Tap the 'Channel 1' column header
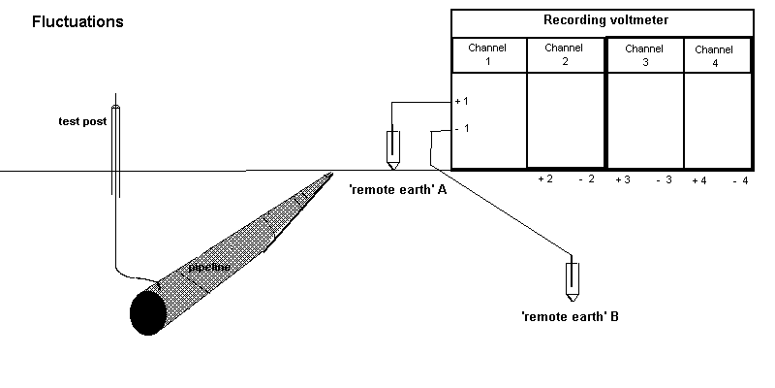coord(488,56)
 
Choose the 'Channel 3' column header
coord(644,54)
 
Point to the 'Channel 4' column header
coord(714,56)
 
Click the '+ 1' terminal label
coord(462,102)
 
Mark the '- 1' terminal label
coord(462,129)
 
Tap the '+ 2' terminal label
coord(544,180)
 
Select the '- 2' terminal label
coord(586,180)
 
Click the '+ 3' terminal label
coord(622,180)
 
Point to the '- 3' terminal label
coord(664,180)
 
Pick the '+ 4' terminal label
coord(699,180)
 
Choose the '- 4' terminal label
coord(740,180)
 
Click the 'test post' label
coord(81,122)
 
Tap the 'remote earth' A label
coord(398,190)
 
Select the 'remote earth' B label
coord(570,316)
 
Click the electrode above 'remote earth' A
coord(392,147)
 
